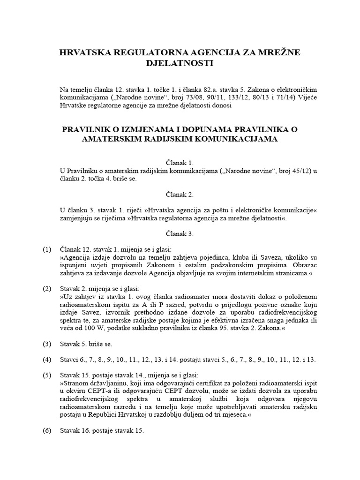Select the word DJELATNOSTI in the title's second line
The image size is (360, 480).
pyautogui.click(x=180, y=63)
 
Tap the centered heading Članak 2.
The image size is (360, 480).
pyautogui.click(x=180, y=193)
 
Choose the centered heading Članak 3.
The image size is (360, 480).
pyautogui.click(x=180, y=233)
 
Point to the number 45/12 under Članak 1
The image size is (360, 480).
pyautogui.click(x=289, y=171)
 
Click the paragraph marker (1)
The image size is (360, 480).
pyautogui.click(x=47, y=250)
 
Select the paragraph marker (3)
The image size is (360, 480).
pyautogui.click(x=47, y=344)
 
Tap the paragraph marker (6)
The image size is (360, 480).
pyautogui.click(x=47, y=431)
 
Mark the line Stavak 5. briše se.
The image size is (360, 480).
pyautogui.click(x=86, y=344)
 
